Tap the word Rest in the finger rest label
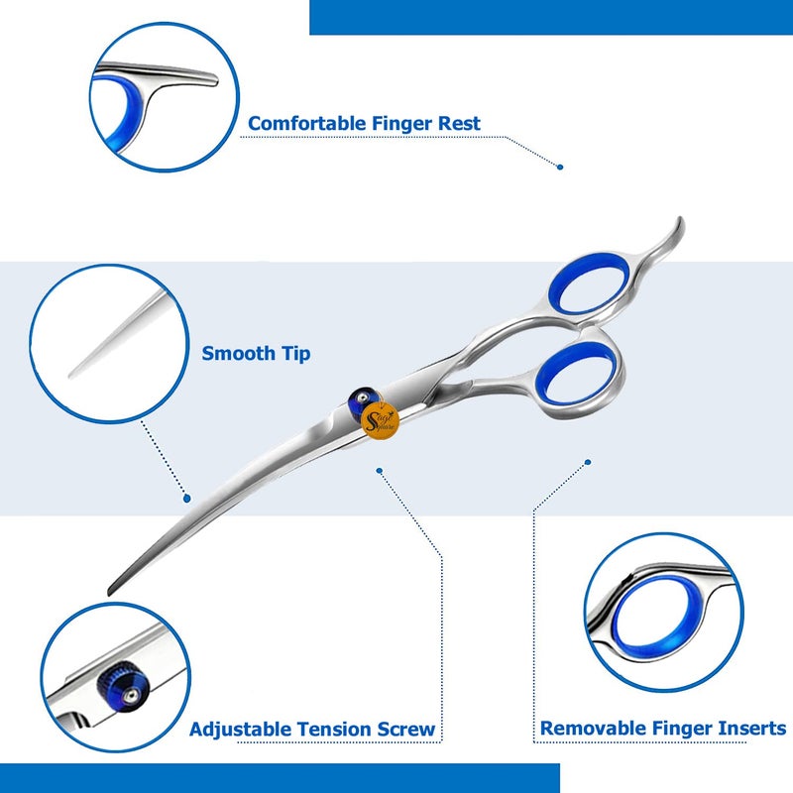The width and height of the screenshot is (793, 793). coord(457,124)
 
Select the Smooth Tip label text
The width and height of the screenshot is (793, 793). coord(256,353)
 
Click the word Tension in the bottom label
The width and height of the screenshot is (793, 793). coord(327,730)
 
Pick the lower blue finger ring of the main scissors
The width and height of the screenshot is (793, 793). coord(580,372)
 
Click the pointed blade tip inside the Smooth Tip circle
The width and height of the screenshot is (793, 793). coord(75,374)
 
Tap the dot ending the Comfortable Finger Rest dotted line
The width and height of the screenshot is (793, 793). coord(559,167)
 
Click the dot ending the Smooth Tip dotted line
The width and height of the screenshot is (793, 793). coord(185,495)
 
